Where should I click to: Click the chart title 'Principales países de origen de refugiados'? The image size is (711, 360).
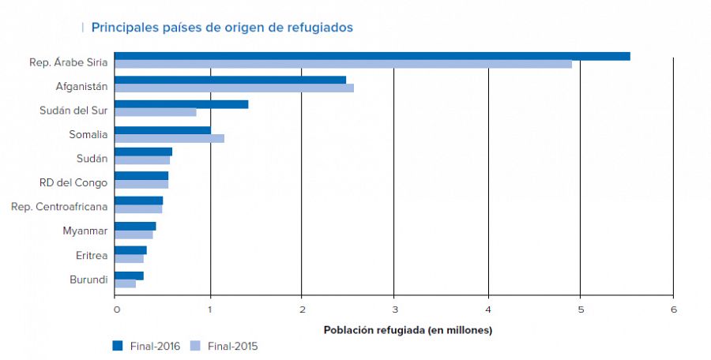point(222,28)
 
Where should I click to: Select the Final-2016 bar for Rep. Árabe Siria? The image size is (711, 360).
point(372,56)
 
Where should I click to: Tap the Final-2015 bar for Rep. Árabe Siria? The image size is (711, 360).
point(343,64)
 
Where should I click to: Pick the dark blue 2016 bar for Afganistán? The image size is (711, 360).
point(230,80)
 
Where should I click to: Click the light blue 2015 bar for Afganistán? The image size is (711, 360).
point(234,88)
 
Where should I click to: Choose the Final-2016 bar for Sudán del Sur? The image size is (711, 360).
point(181,104)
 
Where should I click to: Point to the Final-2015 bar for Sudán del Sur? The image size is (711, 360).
point(155,112)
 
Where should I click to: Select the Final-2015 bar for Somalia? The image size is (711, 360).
point(169,138)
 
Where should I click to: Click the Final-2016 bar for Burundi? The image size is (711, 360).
point(129,276)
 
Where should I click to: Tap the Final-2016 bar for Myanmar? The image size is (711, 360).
point(135,226)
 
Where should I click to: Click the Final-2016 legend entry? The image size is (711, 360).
point(146,346)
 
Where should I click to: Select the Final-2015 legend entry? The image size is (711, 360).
point(224,346)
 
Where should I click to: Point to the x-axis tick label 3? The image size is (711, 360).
point(395,309)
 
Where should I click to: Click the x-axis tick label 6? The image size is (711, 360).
point(673,309)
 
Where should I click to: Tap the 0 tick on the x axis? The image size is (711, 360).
point(116,309)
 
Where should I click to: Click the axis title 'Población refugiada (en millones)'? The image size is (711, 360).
point(408,330)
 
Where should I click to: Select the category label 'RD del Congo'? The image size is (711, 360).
point(73,182)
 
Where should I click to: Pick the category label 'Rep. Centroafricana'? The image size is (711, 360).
point(59,207)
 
